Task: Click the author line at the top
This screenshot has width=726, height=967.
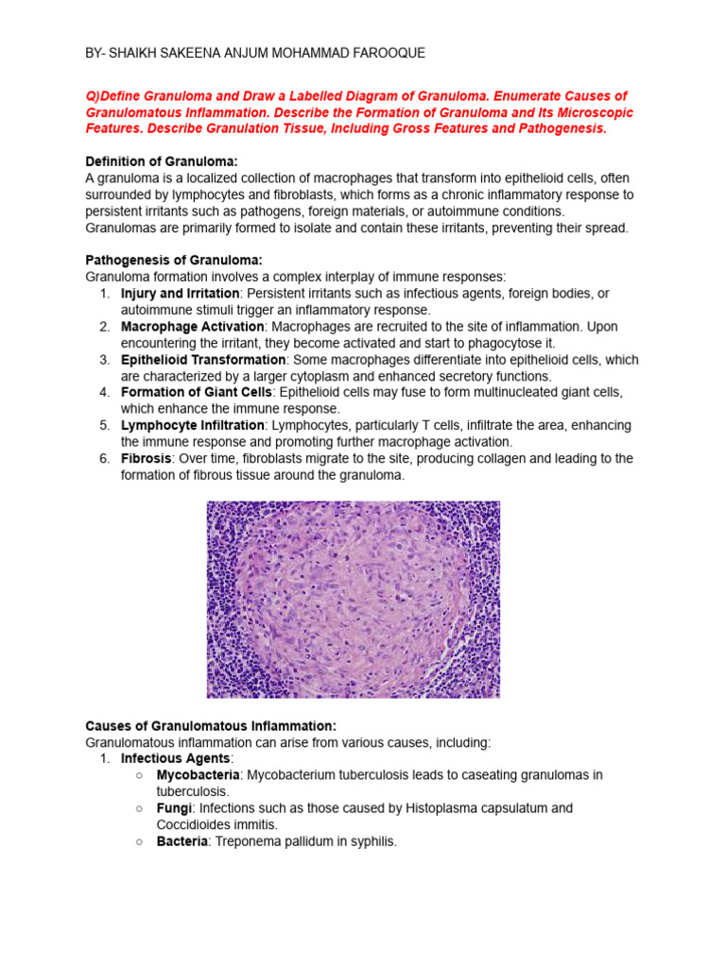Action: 255,54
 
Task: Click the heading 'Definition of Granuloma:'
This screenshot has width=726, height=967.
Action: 158,161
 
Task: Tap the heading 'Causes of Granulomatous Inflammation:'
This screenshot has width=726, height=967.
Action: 211,725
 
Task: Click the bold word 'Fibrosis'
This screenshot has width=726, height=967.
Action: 147,458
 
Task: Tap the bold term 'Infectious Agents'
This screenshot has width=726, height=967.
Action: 175,758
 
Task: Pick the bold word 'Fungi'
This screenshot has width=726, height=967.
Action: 174,808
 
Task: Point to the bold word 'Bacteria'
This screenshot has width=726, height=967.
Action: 181,840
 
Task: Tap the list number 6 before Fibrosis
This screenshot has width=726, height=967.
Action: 105,458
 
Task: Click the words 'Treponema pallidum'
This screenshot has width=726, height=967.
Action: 297,840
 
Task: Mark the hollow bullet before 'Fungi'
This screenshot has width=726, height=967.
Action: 139,808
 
